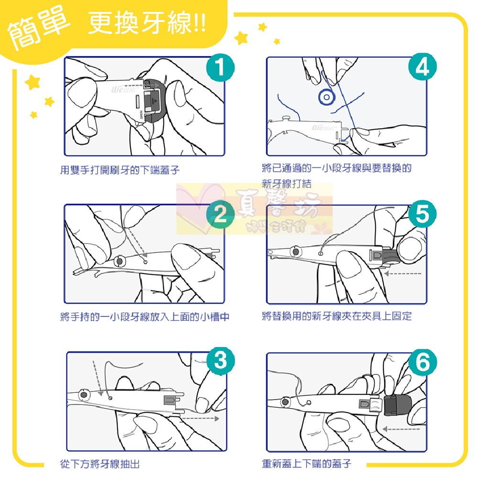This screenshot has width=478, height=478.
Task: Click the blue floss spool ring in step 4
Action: point(326,97)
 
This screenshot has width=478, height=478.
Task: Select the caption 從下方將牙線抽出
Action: point(100,464)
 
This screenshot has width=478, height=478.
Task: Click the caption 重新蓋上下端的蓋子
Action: point(306,464)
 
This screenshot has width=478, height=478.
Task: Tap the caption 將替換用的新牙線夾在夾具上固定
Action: point(337,316)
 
